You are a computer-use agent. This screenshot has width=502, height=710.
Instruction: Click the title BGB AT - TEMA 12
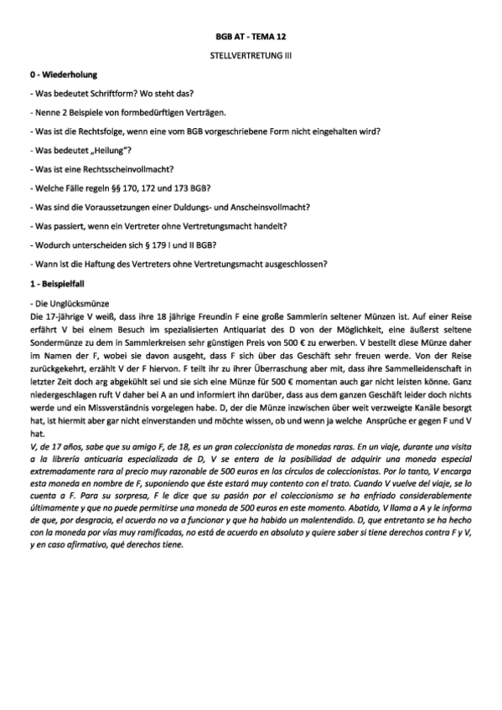pyautogui.click(x=251, y=39)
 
